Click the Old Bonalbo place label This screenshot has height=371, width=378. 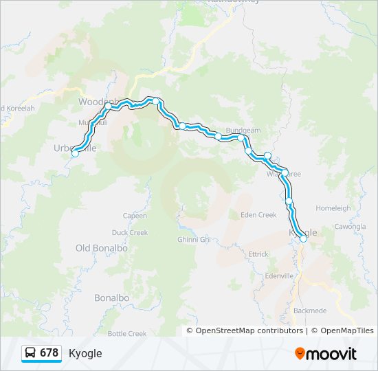(102, 248)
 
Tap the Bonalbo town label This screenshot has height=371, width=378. (111, 297)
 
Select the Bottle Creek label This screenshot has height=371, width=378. (127, 334)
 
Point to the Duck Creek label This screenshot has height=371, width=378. (129, 233)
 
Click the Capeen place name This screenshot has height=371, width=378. (135, 216)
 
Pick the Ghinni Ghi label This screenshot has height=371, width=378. (194, 239)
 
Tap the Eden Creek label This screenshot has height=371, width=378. (258, 215)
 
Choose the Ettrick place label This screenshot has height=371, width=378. (258, 254)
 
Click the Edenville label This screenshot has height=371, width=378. (278, 276)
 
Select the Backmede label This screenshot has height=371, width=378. (309, 311)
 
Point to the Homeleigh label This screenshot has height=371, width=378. (333, 208)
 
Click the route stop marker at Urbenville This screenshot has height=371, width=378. (75, 154)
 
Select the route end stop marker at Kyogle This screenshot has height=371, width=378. (303, 239)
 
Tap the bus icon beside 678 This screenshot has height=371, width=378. (31, 353)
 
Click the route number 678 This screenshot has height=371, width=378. (49, 353)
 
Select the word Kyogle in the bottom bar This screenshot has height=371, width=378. (85, 353)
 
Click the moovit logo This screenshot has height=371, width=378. (326, 354)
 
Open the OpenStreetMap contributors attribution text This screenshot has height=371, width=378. (249, 330)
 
